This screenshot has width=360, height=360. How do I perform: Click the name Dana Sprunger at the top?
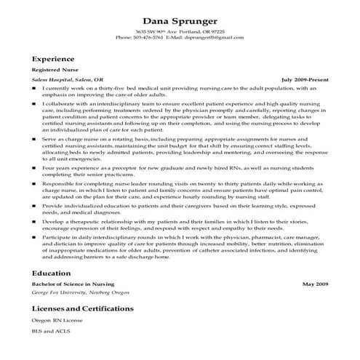(180, 20)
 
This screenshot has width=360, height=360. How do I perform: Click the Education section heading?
(51, 273)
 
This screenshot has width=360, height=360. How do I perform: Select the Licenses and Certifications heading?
(82, 308)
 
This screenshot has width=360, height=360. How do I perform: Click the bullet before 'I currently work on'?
(34, 87)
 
